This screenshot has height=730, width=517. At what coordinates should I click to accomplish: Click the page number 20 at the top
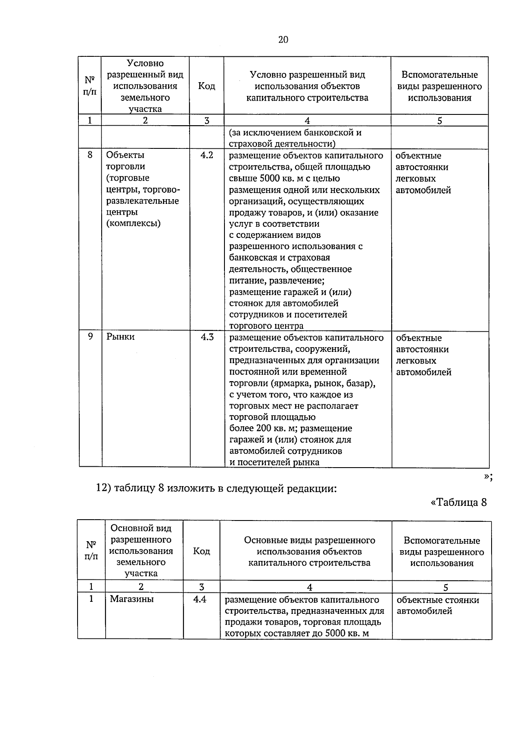point(283,40)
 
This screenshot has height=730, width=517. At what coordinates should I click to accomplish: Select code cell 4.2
point(207,155)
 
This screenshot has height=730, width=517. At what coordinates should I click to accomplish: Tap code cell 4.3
point(207,337)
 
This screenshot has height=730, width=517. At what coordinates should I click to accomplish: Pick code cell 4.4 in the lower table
point(199,599)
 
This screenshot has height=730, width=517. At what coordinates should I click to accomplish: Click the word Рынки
point(121,337)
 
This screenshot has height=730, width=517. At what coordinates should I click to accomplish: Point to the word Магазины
point(131,599)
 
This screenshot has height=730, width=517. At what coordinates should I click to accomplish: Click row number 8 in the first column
point(90,155)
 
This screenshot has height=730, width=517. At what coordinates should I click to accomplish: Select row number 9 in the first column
point(90,336)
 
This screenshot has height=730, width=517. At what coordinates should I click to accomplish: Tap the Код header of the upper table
point(206,86)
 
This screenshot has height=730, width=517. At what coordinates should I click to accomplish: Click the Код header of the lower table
point(201,551)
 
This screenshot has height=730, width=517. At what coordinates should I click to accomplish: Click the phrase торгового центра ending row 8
point(266,326)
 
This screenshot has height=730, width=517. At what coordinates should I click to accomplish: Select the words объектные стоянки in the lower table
point(438,600)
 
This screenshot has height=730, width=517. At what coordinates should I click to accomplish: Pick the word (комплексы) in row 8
point(134,223)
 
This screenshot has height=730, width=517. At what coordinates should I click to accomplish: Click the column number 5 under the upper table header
point(439,121)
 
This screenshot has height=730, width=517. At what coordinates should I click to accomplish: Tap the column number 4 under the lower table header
point(309,587)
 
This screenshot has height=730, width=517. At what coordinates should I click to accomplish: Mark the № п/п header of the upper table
point(90,86)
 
